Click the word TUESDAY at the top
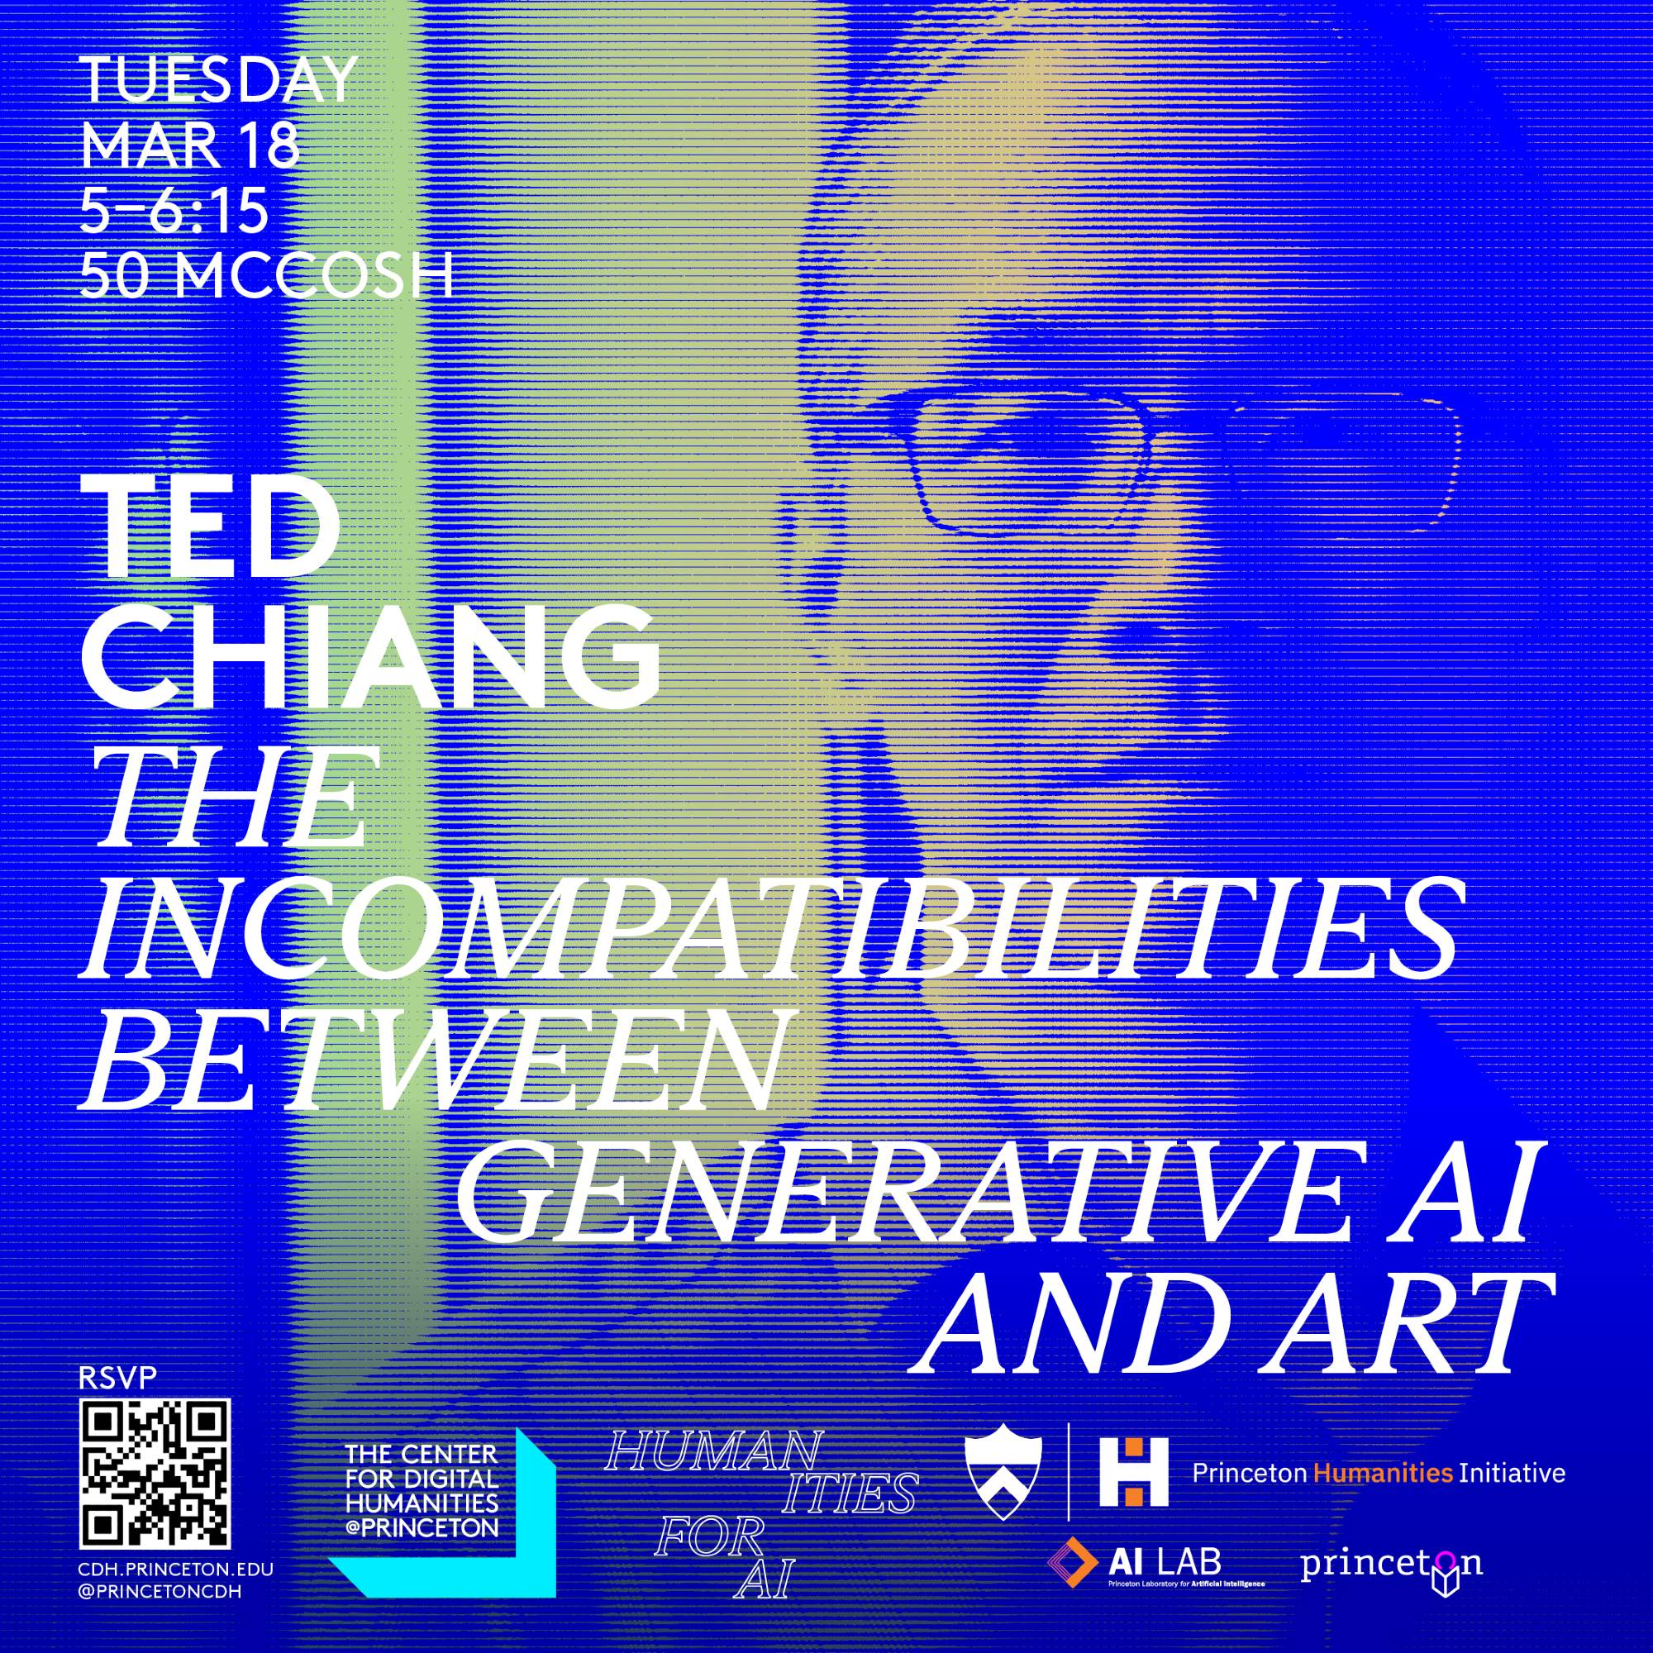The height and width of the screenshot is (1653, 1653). (217, 83)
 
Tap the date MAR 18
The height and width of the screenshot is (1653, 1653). (190, 146)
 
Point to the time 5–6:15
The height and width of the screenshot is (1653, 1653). (174, 212)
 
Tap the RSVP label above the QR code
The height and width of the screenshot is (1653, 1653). (105, 1403)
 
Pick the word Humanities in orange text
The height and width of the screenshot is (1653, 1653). (1384, 1474)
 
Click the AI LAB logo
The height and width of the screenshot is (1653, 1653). (1155, 1562)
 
